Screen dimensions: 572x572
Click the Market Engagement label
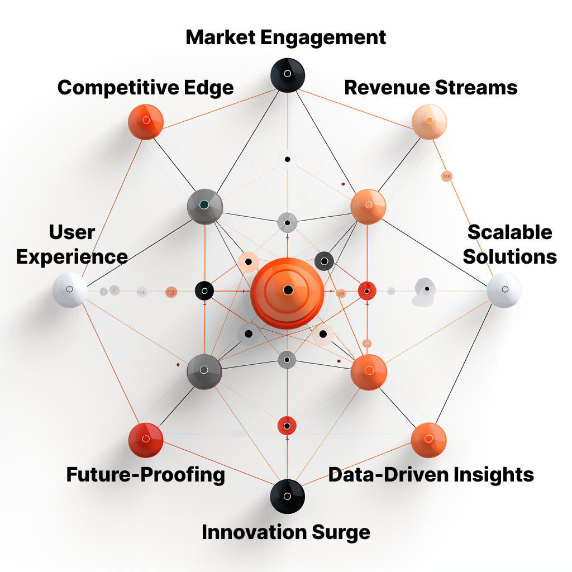point(285,37)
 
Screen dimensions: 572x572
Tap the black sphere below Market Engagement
point(288,75)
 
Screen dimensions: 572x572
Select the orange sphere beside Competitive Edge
point(146,122)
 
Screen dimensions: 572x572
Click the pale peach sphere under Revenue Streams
point(429,122)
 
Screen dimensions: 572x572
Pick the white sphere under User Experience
point(70,290)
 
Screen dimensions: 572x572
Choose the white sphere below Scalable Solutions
point(504,290)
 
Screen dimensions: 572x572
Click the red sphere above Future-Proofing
point(146,440)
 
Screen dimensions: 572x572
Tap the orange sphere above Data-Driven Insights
point(428,440)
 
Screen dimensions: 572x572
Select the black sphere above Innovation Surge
point(288,497)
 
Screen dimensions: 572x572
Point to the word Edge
point(209,88)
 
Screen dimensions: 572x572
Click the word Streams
point(476,88)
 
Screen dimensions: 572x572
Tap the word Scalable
point(510,232)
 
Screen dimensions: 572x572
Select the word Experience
point(72,257)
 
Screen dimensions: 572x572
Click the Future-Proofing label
point(146,475)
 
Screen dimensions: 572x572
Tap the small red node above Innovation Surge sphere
point(287,426)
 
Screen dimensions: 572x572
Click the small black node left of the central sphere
point(204,290)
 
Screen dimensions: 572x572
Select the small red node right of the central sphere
point(367,291)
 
